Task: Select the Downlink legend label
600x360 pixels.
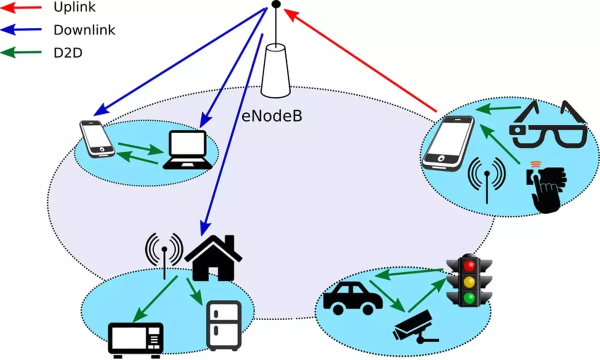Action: pyautogui.click(x=84, y=30)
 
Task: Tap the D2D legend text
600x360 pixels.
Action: pyautogui.click(x=68, y=52)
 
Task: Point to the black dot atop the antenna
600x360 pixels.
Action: pyautogui.click(x=275, y=5)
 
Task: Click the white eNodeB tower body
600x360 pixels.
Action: pyautogui.click(x=275, y=70)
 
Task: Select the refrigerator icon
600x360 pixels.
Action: pyautogui.click(x=223, y=325)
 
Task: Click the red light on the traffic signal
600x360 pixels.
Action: pyautogui.click(x=468, y=264)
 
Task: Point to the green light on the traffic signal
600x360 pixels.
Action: pyautogui.click(x=468, y=298)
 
